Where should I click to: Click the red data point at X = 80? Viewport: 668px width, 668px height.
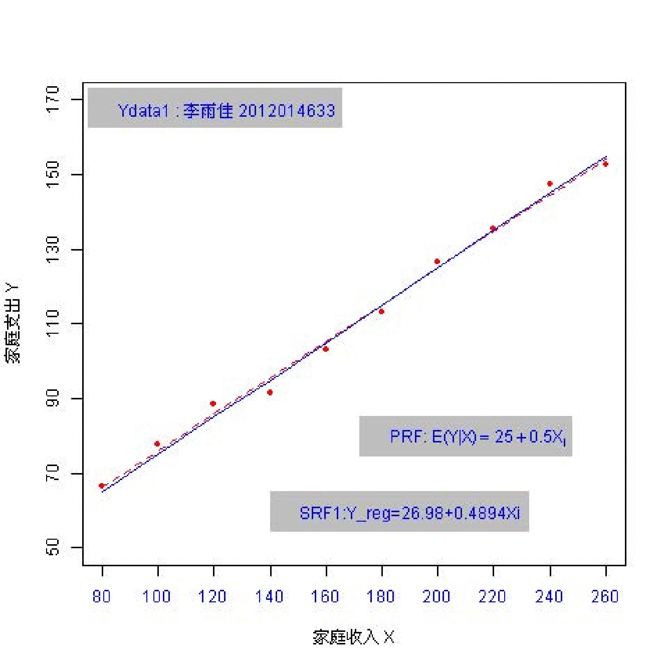point(102,486)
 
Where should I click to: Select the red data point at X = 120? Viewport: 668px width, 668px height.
point(213,403)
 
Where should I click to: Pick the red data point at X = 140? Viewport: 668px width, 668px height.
point(270,392)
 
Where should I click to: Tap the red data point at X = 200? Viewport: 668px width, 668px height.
point(437,262)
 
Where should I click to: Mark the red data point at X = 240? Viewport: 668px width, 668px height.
point(550,184)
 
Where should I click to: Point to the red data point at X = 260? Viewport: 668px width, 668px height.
point(605,164)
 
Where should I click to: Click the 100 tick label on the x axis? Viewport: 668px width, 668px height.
point(157,596)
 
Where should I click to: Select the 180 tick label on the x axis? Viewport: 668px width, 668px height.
point(381,596)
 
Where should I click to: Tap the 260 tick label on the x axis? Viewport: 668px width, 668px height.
point(605,596)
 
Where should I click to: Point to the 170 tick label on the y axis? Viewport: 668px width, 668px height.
point(52,99)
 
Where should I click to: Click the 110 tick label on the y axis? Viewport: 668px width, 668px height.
point(52,324)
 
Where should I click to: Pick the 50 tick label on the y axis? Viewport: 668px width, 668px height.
point(52,547)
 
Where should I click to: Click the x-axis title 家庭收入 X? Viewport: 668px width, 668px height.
point(353,637)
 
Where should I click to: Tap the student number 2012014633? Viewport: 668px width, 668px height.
point(287,110)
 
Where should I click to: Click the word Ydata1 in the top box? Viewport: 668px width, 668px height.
point(143,110)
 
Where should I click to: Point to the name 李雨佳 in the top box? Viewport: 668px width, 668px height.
point(208,110)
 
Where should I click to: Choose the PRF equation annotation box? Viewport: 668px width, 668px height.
point(466,436)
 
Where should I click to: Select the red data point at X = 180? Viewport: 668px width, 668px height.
point(381,312)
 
